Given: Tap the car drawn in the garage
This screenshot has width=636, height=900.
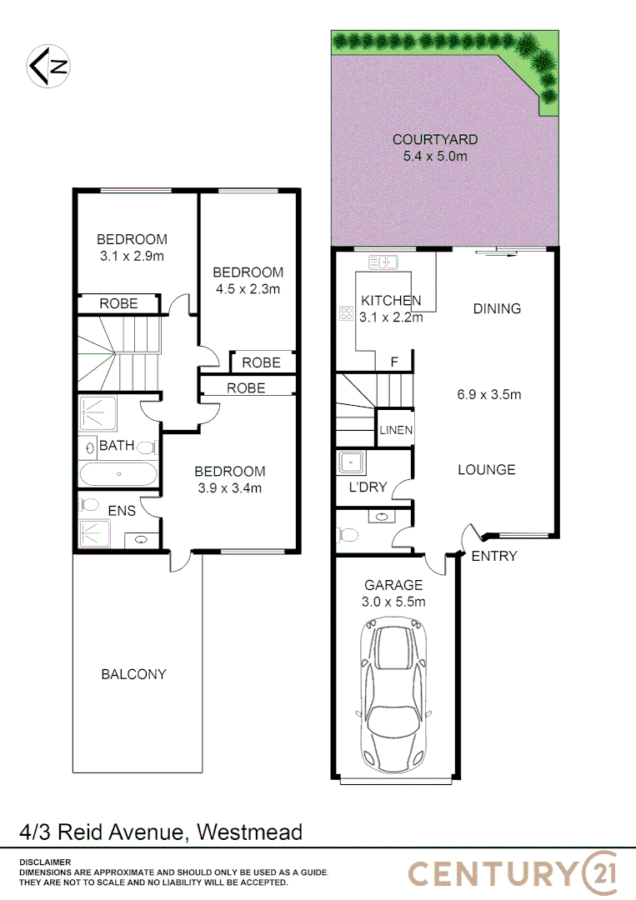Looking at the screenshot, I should pyautogui.click(x=395, y=695).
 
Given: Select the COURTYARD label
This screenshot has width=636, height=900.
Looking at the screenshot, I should pyautogui.click(x=435, y=139).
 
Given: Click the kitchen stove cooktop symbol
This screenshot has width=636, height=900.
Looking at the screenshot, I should pyautogui.click(x=345, y=313).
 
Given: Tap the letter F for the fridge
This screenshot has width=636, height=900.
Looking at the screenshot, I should pyautogui.click(x=395, y=362).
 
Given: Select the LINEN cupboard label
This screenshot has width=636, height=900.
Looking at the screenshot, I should pyautogui.click(x=396, y=431).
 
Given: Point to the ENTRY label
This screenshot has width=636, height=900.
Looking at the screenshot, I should pyautogui.click(x=494, y=556).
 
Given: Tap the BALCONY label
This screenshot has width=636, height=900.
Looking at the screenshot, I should pyautogui.click(x=134, y=674).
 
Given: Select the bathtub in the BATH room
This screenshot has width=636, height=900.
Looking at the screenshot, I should pyautogui.click(x=118, y=473).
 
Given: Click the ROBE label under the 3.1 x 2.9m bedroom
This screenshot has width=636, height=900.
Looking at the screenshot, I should pyautogui.click(x=118, y=304).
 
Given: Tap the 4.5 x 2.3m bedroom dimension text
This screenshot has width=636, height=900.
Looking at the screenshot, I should pyautogui.click(x=248, y=289).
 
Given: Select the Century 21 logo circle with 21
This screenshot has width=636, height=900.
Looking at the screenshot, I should pyautogui.click(x=600, y=872).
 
